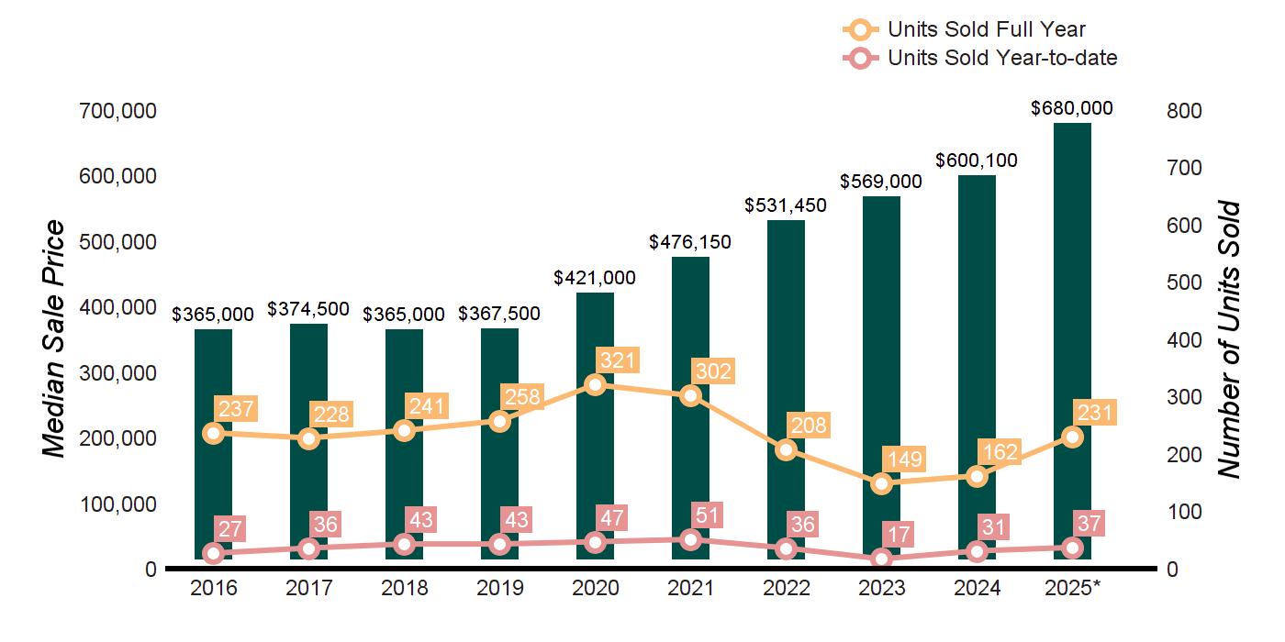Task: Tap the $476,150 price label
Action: [690, 242]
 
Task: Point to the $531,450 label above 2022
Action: [786, 205]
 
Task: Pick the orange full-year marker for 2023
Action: [881, 483]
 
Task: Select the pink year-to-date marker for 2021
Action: [690, 540]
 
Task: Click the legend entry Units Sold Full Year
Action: [987, 30]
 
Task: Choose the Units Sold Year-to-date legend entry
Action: [1002, 59]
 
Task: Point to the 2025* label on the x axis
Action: [1072, 588]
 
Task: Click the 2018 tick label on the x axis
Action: [404, 588]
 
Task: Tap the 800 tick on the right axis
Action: [1185, 111]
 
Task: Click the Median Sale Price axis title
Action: [55, 339]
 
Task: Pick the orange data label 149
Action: [901, 459]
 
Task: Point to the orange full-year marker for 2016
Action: [213, 433]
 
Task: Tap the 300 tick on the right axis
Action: [1185, 397]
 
